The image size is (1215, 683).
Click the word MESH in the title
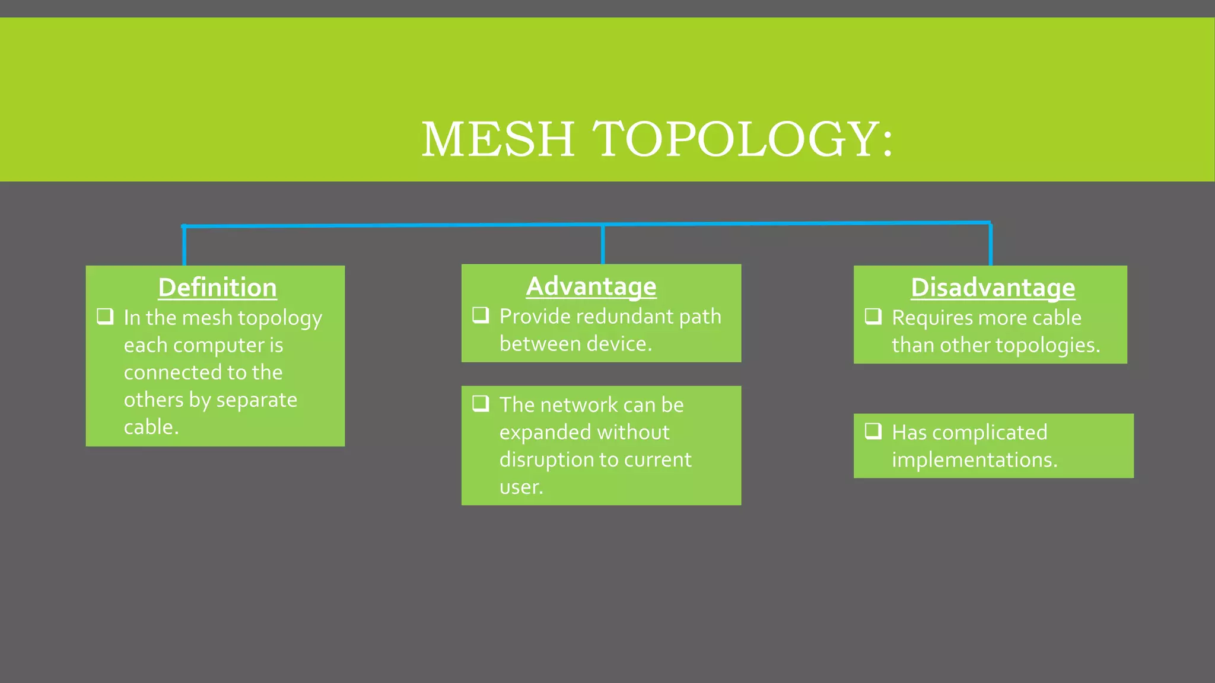pos(497,139)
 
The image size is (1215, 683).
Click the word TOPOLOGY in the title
pos(736,139)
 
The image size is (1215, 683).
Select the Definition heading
pos(217,288)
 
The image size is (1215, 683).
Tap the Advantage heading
pos(591,286)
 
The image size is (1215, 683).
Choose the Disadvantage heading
pos(993,288)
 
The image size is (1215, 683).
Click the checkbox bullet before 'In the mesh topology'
pos(105,316)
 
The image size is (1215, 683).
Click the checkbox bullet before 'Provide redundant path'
pos(481,315)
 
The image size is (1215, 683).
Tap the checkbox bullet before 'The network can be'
pos(481,403)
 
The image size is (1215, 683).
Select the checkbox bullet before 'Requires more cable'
pos(873,316)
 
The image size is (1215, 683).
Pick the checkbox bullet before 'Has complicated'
pos(873,430)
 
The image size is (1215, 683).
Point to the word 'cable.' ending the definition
pos(151,427)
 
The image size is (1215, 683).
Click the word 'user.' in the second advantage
pos(521,487)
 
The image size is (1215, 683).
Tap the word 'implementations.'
pos(974,460)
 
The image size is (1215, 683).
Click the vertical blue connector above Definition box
pos(185,246)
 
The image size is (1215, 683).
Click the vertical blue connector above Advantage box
pos(603,244)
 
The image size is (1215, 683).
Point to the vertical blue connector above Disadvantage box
pos(991,244)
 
